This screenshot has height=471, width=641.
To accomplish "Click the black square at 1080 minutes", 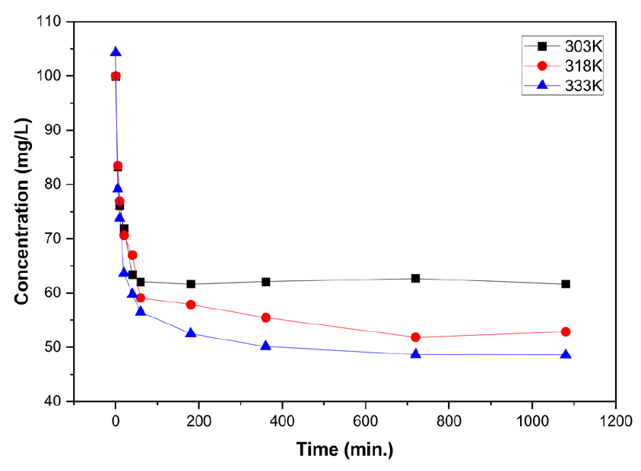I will click(565, 284).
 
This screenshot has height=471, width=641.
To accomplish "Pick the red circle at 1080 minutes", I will click(565, 332).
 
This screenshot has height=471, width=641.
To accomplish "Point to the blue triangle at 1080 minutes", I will click(565, 354).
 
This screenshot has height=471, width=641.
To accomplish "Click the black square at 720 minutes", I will click(415, 279).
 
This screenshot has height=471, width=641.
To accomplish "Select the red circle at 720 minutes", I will click(415, 337).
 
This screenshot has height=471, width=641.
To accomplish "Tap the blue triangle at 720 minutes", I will click(415, 353).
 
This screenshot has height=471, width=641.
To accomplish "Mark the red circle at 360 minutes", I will click(265, 318).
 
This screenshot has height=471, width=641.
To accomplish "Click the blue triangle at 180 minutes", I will click(190, 333).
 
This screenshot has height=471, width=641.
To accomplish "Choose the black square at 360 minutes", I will click(265, 282).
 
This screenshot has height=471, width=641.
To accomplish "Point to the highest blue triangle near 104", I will click(116, 52).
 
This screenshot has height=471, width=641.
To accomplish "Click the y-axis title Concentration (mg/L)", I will click(22, 211).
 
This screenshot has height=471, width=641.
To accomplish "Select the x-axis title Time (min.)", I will click(344, 450).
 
